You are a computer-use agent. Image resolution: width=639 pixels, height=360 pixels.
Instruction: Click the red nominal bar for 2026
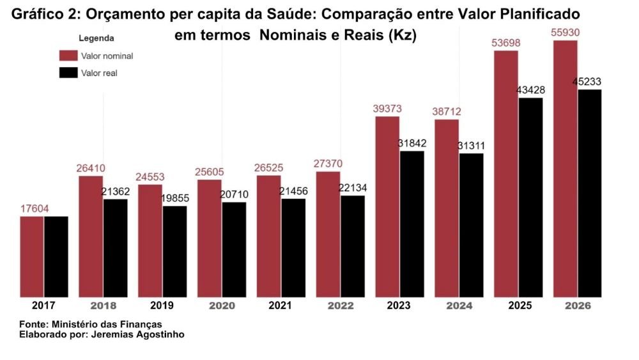pos(566,169)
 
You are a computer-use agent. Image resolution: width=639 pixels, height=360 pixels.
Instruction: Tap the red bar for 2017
pos(32,256)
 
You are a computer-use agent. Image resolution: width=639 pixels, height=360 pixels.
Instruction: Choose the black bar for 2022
pos(353,246)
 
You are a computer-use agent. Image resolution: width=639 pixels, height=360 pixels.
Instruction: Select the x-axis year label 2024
pos(459,306)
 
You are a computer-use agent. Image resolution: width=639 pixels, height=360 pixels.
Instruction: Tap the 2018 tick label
pos(103,306)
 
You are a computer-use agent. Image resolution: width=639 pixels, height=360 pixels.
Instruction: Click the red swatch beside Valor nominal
pos(68,56)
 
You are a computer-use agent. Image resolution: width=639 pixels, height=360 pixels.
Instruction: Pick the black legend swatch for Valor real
pos(68,73)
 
